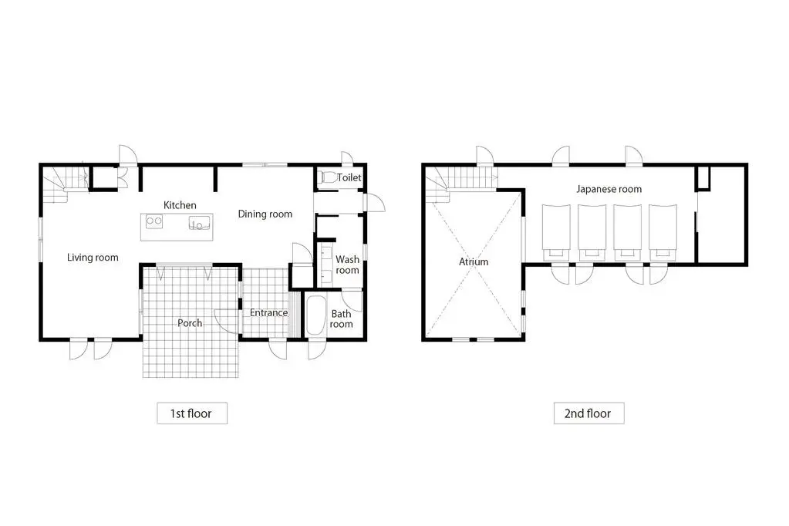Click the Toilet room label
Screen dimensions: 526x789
coord(349,178)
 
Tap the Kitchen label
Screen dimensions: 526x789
coord(180,205)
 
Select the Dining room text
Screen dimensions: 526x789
coord(265,214)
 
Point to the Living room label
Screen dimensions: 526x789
coord(93,257)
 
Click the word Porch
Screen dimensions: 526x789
coord(190,322)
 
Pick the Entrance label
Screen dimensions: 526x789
coord(268,312)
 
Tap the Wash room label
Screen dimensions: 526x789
coord(347,265)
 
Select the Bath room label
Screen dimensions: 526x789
coord(341,319)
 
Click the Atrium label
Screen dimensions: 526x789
coord(474,261)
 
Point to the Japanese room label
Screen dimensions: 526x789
coord(609,189)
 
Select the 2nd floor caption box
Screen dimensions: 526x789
coord(588,413)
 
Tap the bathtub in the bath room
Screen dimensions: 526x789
coord(315,317)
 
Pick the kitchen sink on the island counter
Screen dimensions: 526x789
coord(200,223)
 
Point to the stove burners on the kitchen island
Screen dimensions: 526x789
coord(153,222)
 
